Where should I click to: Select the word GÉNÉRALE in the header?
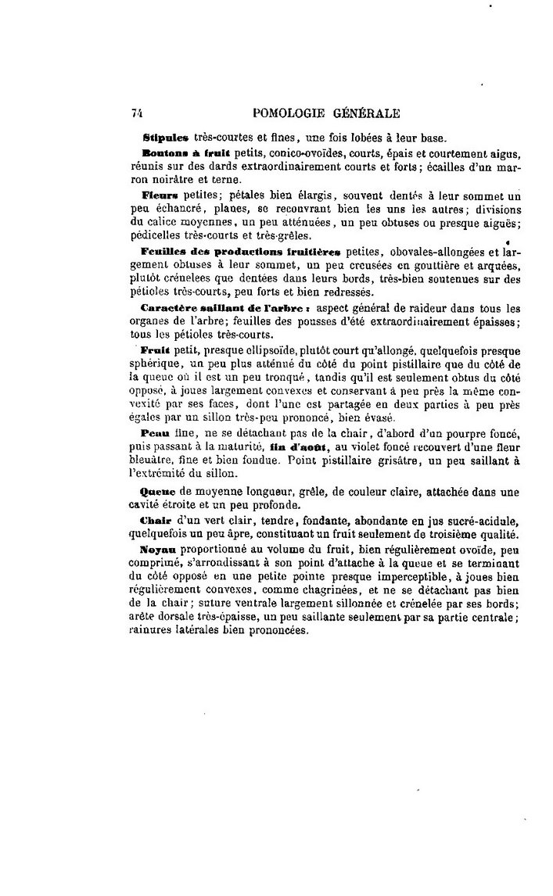367,113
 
